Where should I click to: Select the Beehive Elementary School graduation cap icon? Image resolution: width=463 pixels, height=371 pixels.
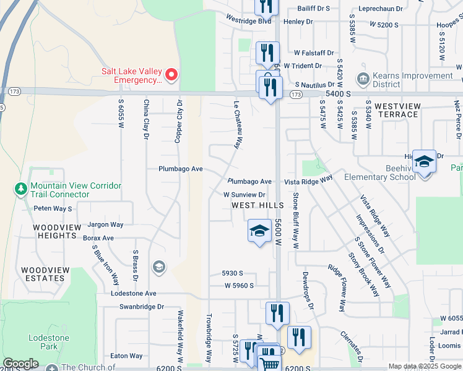pyautogui.click(x=424, y=162)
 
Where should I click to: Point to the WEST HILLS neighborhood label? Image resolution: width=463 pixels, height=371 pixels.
pyautogui.click(x=257, y=205)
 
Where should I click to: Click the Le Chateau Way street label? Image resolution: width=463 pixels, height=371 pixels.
pyautogui.click(x=236, y=124)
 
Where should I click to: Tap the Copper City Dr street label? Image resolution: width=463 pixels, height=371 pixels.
pyautogui.click(x=179, y=121)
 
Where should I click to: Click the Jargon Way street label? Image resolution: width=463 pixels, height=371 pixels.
pyautogui.click(x=105, y=224)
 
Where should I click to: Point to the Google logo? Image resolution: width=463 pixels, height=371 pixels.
pyautogui.click(x=20, y=364)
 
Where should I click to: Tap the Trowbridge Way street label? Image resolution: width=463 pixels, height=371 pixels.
pyautogui.click(x=209, y=339)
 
